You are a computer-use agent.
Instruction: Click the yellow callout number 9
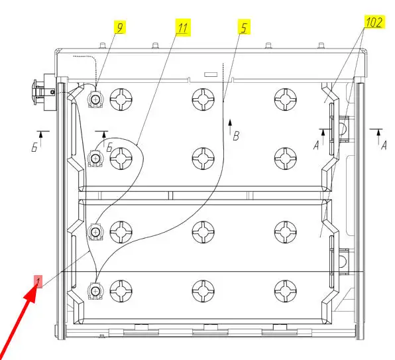[x=120, y=27]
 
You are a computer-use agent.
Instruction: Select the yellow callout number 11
[x=183, y=27]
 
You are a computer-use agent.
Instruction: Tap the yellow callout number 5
[x=244, y=27]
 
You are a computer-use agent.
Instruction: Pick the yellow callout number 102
[x=374, y=22]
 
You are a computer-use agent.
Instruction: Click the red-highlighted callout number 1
[x=38, y=281]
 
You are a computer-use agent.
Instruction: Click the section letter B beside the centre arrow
[x=236, y=136]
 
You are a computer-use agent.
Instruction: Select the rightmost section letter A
[x=384, y=145]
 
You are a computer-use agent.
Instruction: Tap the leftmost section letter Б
[x=34, y=147]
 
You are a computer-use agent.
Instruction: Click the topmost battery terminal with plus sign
[x=95, y=99]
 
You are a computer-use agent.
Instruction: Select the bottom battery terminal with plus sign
[x=95, y=291]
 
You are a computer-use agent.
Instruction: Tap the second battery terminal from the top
[x=95, y=158]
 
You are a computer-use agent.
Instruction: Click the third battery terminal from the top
[x=95, y=232]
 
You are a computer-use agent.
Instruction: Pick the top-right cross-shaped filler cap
[x=286, y=99]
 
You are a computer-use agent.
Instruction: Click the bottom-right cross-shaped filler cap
[x=286, y=291]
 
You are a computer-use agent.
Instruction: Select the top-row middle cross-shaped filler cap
[x=203, y=99]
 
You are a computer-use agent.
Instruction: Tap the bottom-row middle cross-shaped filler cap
[x=203, y=291]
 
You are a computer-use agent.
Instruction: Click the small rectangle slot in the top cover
[x=211, y=74]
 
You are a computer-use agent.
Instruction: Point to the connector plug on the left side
[x=44, y=92]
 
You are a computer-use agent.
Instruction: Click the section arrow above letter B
[x=230, y=127]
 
